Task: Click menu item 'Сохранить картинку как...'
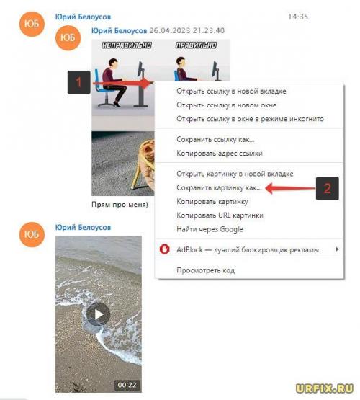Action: pyautogui.click(x=219, y=188)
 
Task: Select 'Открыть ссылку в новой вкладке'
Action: pyautogui.click(x=231, y=91)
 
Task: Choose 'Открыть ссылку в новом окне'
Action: pyautogui.click(x=227, y=105)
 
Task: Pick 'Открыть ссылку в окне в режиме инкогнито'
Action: pyautogui.click(x=250, y=119)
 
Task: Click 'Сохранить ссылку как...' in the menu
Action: pyautogui.click(x=215, y=139)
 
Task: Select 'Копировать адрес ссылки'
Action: pyautogui.click(x=220, y=154)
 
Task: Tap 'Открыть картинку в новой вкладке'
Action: pyautogui.click(x=235, y=174)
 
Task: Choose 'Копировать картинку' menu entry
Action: pyautogui.click(x=212, y=202)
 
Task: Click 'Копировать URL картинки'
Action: pyautogui.click(x=220, y=215)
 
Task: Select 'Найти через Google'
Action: pyautogui.click(x=210, y=229)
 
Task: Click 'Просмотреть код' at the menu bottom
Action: pyautogui.click(x=206, y=270)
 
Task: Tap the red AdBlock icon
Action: pyautogui.click(x=164, y=249)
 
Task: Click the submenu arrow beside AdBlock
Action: pyautogui.click(x=337, y=249)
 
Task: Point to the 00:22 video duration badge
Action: pyautogui.click(x=127, y=385)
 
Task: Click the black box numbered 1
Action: pyautogui.click(x=78, y=82)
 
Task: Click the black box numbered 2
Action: pyautogui.click(x=328, y=189)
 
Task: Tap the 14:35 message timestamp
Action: pyautogui.click(x=298, y=17)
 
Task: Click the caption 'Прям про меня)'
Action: pyautogui.click(x=120, y=205)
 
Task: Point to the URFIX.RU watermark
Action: pyautogui.click(x=325, y=388)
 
